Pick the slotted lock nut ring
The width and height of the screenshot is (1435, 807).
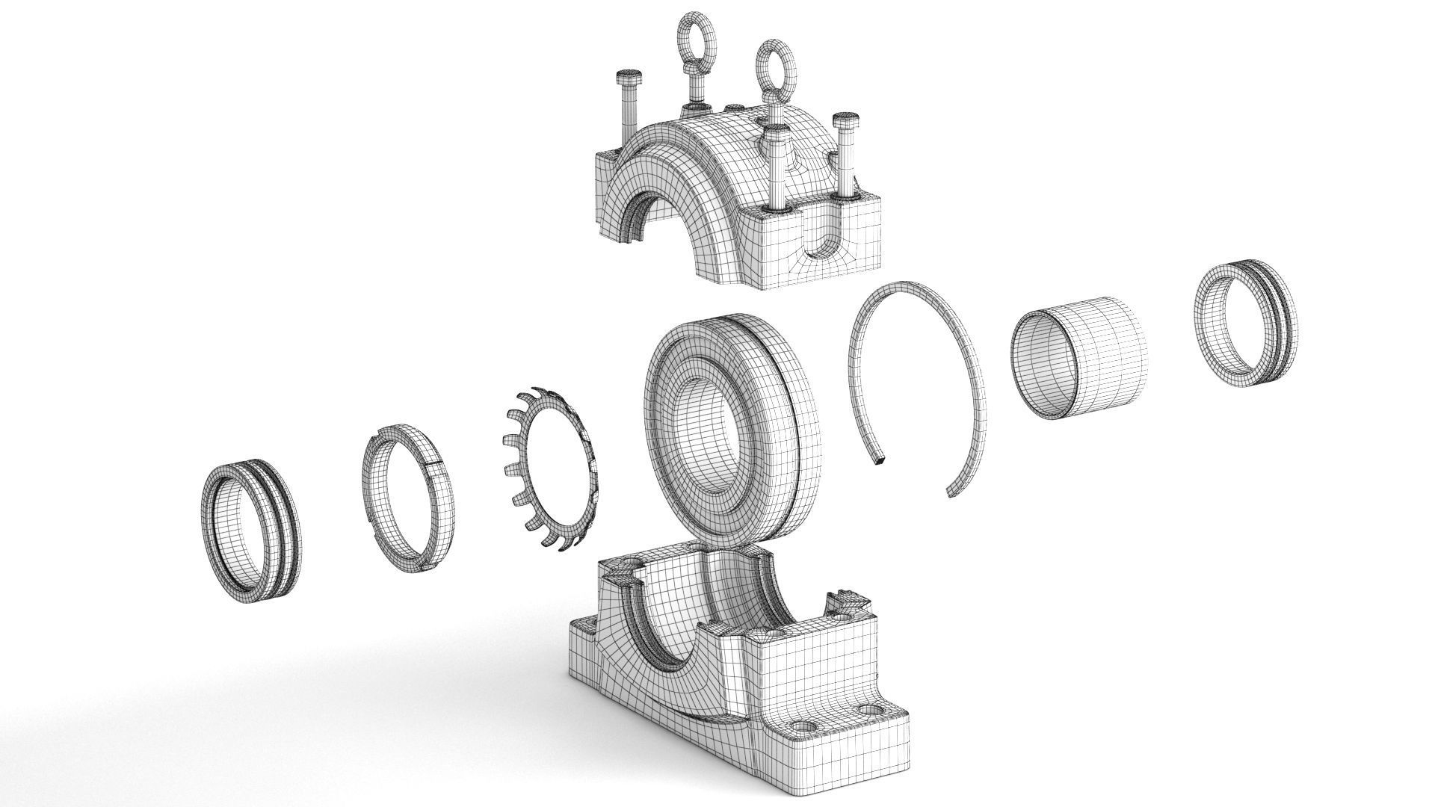click(409, 494)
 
